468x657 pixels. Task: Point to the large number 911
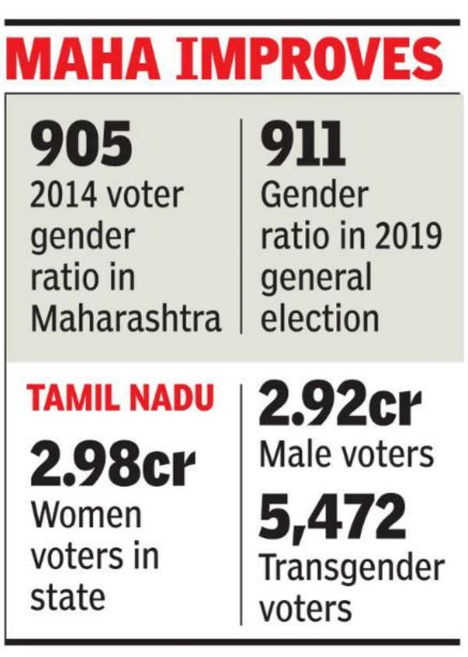click(301, 147)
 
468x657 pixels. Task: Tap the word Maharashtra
click(126, 319)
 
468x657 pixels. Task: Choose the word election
click(320, 319)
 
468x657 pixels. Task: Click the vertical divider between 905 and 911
click(241, 226)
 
